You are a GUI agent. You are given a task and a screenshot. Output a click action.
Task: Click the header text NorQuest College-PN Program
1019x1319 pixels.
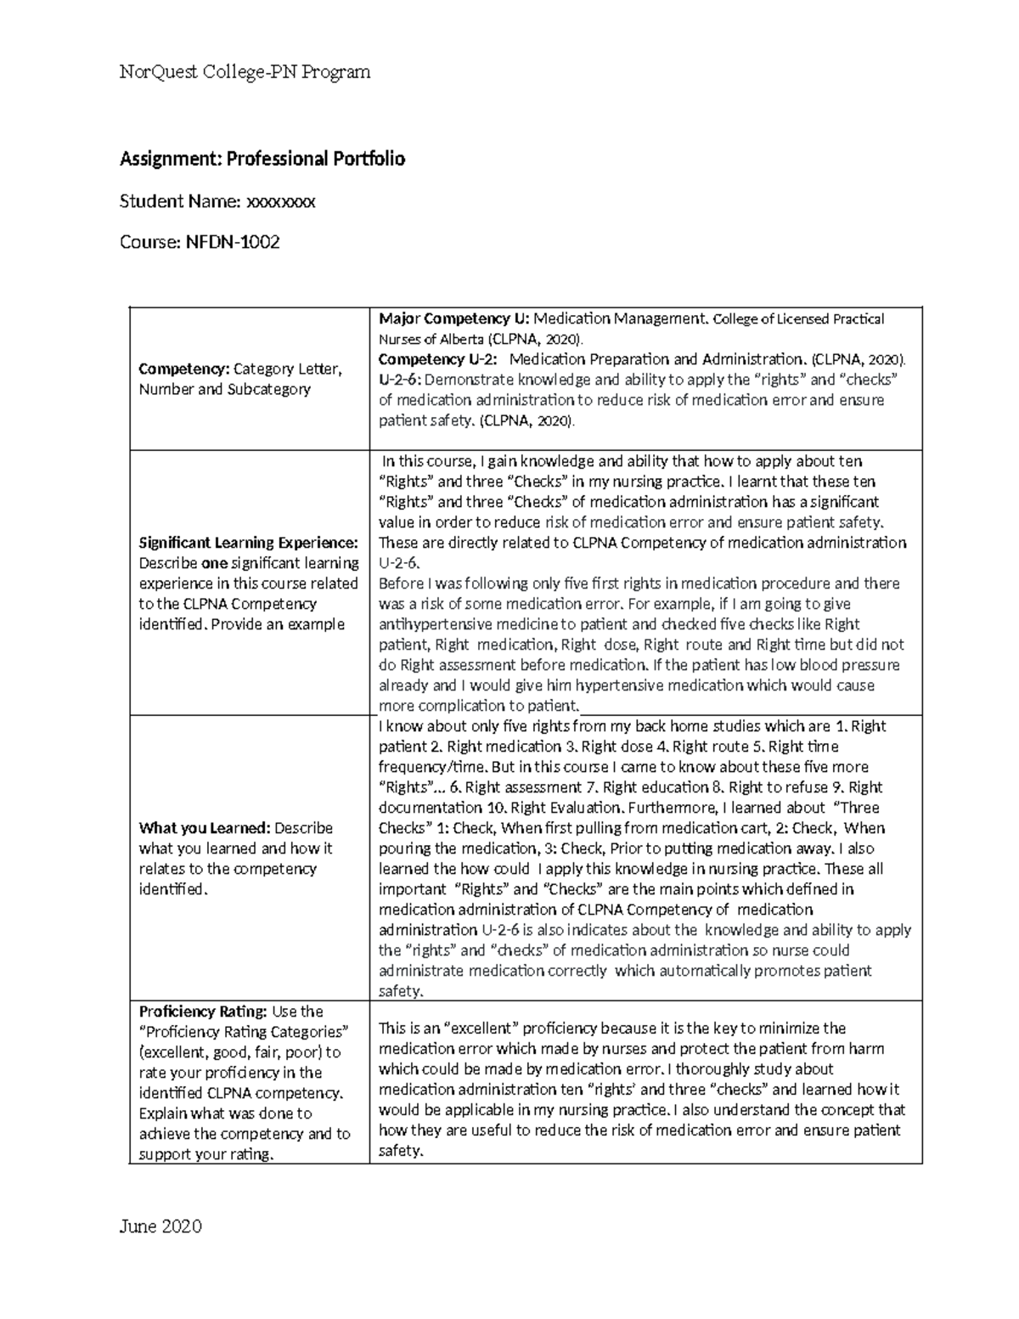pos(245,72)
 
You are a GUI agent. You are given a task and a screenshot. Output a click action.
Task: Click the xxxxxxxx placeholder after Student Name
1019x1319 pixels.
pos(280,201)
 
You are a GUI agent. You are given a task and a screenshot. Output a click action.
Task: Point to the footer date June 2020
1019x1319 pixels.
pos(160,1226)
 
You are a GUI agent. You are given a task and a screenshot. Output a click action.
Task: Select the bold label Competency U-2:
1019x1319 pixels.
pos(438,358)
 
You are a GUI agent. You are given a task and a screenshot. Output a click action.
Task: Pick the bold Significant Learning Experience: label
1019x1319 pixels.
pos(248,543)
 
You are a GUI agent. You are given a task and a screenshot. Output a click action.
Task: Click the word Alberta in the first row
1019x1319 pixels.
pos(459,339)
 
